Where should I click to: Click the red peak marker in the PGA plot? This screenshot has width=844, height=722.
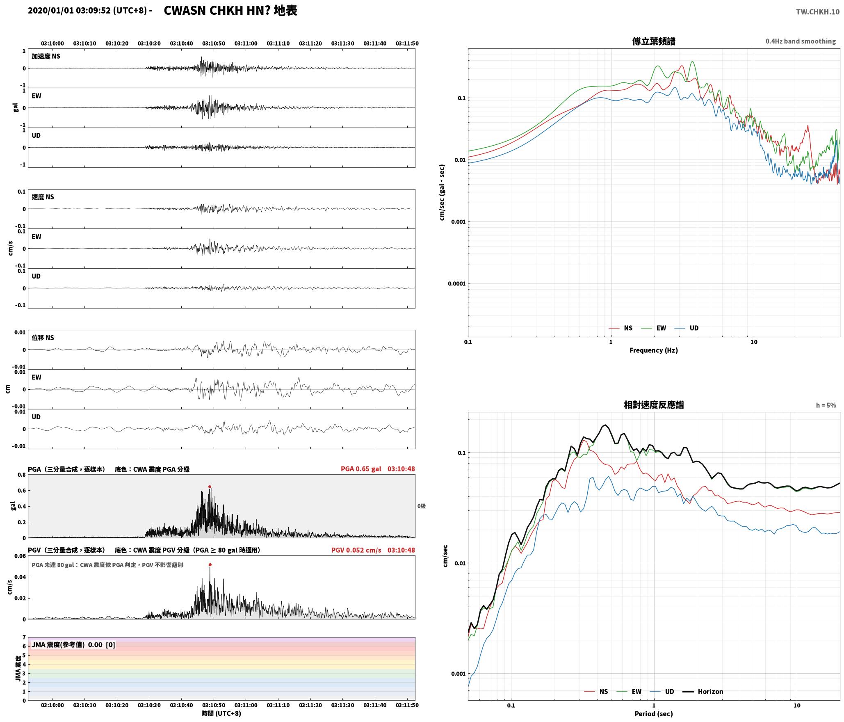210,487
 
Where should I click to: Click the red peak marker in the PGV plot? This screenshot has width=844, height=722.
210,565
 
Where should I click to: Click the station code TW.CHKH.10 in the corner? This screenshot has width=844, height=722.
817,12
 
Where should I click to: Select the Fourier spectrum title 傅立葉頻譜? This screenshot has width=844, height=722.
654,41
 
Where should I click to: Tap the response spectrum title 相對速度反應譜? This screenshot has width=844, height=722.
654,405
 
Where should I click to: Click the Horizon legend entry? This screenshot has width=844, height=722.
703,692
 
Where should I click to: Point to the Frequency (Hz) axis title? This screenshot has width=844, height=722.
654,350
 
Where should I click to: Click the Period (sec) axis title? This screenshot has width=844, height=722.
654,714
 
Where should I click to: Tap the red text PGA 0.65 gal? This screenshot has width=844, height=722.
361,469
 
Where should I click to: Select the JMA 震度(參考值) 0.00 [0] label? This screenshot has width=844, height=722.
73,645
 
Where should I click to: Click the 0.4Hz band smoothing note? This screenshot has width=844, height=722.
801,41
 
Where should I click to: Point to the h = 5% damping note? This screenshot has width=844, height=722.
826,405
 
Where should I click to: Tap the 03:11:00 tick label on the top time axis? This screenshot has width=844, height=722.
246,43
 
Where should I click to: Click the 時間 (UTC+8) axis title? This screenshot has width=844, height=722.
221,713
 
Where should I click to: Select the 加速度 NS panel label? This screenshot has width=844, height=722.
46,56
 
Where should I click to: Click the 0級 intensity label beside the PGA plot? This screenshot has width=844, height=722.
422,506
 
